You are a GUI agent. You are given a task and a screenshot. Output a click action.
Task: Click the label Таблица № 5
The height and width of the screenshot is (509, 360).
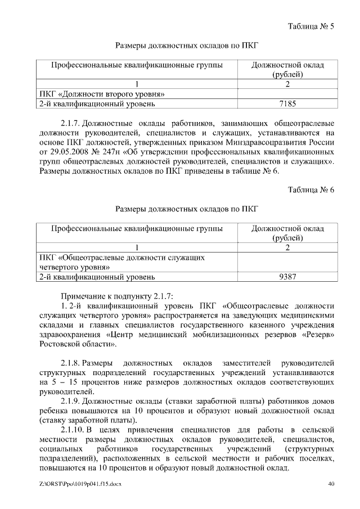[x=311, y=26]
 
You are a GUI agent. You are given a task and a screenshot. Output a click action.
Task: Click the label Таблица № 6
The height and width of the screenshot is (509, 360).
[x=311, y=190]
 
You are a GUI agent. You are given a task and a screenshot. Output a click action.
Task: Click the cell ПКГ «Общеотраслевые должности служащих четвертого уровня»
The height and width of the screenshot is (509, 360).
[x=121, y=262]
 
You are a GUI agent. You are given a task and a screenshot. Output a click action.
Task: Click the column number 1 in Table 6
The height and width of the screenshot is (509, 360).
[x=137, y=247]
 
